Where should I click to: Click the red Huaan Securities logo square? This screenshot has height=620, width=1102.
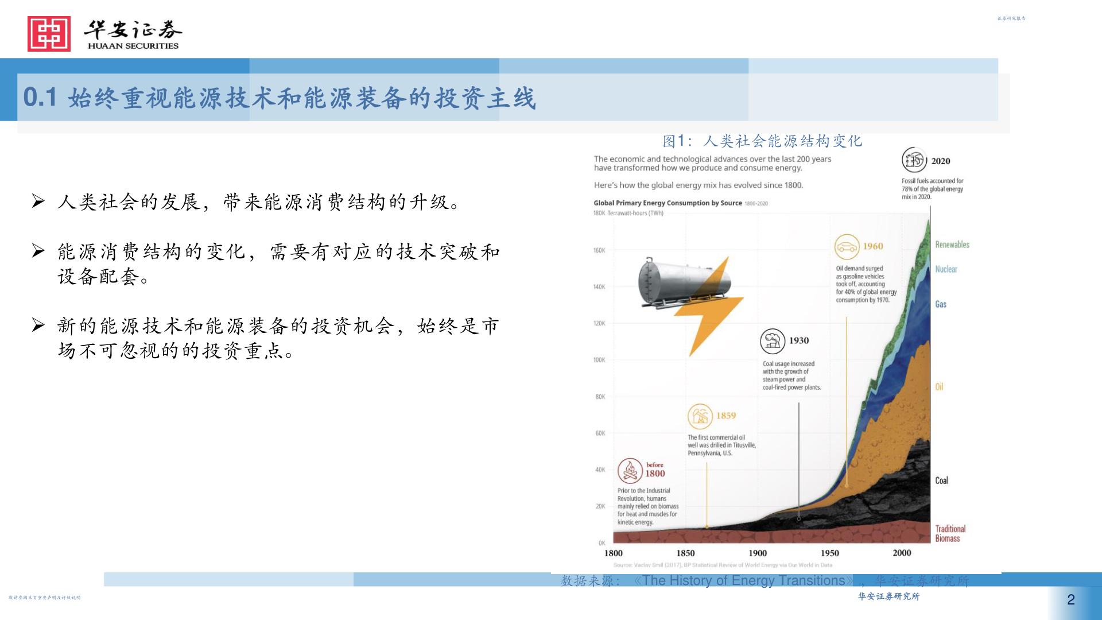tap(49, 34)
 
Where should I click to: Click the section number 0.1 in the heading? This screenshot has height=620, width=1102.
tap(40, 98)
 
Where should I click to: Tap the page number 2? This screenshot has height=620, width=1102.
tap(1070, 600)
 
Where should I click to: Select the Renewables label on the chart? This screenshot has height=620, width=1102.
tap(952, 245)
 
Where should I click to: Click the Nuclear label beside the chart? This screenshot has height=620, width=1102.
tap(946, 269)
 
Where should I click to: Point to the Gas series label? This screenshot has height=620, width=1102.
tap(940, 304)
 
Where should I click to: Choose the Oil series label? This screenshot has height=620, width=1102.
tap(939, 387)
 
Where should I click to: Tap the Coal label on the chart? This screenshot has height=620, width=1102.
tap(941, 480)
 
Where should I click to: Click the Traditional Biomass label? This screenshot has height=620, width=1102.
tap(950, 533)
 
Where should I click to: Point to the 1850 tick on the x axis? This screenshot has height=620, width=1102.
tap(685, 553)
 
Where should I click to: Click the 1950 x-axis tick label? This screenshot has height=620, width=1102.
tap(829, 553)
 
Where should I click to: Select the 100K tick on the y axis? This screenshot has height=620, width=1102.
tap(599, 360)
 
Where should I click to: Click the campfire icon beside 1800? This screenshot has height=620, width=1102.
tap(630, 470)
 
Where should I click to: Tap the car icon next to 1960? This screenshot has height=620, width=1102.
tap(847, 247)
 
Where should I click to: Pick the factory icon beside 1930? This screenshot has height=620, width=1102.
tap(773, 341)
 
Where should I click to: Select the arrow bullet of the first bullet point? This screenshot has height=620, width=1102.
tap(38, 201)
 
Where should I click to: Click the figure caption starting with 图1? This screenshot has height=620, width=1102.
tap(762, 141)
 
